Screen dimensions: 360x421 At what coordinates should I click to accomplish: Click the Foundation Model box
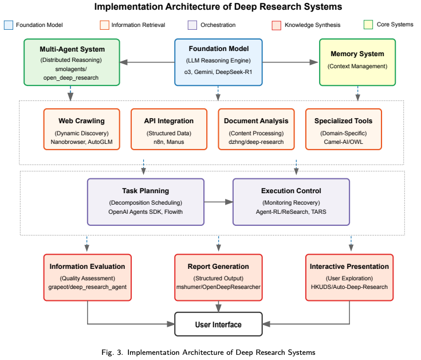[218, 62]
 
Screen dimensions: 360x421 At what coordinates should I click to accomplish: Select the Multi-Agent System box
[72, 62]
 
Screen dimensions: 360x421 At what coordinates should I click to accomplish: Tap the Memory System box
[358, 62]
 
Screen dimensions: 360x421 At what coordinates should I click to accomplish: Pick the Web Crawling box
[81, 130]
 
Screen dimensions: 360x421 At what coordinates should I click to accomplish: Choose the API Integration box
[169, 130]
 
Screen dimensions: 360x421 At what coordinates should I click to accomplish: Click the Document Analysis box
[256, 130]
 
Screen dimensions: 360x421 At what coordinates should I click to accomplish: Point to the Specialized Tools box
[343, 130]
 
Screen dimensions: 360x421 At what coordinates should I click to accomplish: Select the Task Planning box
[145, 201]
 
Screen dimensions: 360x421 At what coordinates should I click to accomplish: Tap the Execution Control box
[291, 201]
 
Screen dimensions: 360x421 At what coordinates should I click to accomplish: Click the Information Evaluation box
[87, 277]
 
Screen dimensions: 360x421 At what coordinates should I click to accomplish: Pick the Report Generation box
[218, 277]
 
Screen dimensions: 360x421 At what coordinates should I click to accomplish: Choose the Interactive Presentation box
[349, 277]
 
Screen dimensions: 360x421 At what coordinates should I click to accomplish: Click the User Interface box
[218, 324]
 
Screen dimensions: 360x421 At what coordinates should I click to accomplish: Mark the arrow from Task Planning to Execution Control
[218, 202]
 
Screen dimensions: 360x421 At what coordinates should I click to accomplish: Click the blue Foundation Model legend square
[9, 25]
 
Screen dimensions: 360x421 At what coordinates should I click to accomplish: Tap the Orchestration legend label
[217, 25]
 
